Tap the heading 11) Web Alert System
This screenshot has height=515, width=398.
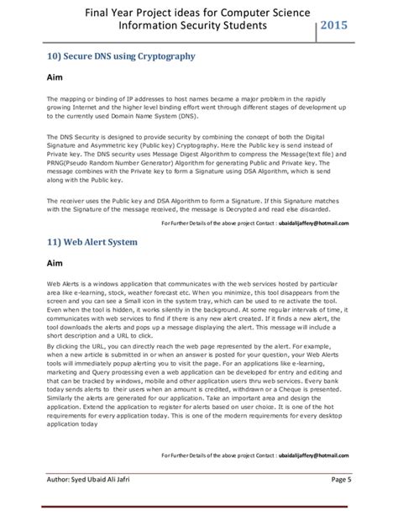[x=99, y=242]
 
